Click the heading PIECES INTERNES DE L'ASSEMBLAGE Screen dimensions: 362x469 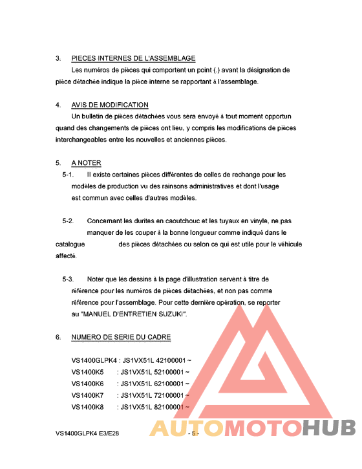[133, 58]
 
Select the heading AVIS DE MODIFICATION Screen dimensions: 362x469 [110, 105]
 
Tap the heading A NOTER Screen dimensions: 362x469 [86, 162]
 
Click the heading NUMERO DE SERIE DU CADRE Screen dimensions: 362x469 [121, 337]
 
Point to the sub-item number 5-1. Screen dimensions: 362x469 [68, 175]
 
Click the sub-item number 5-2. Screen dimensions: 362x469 [68, 221]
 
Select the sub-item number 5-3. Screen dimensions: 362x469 [68, 279]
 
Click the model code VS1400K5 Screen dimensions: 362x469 [87, 372]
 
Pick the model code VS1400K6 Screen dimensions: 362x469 [87, 384]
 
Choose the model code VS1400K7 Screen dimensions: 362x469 [87, 395]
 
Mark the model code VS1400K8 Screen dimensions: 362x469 [87, 407]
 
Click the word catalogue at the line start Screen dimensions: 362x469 [70, 245]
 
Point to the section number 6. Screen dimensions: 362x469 [58, 337]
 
